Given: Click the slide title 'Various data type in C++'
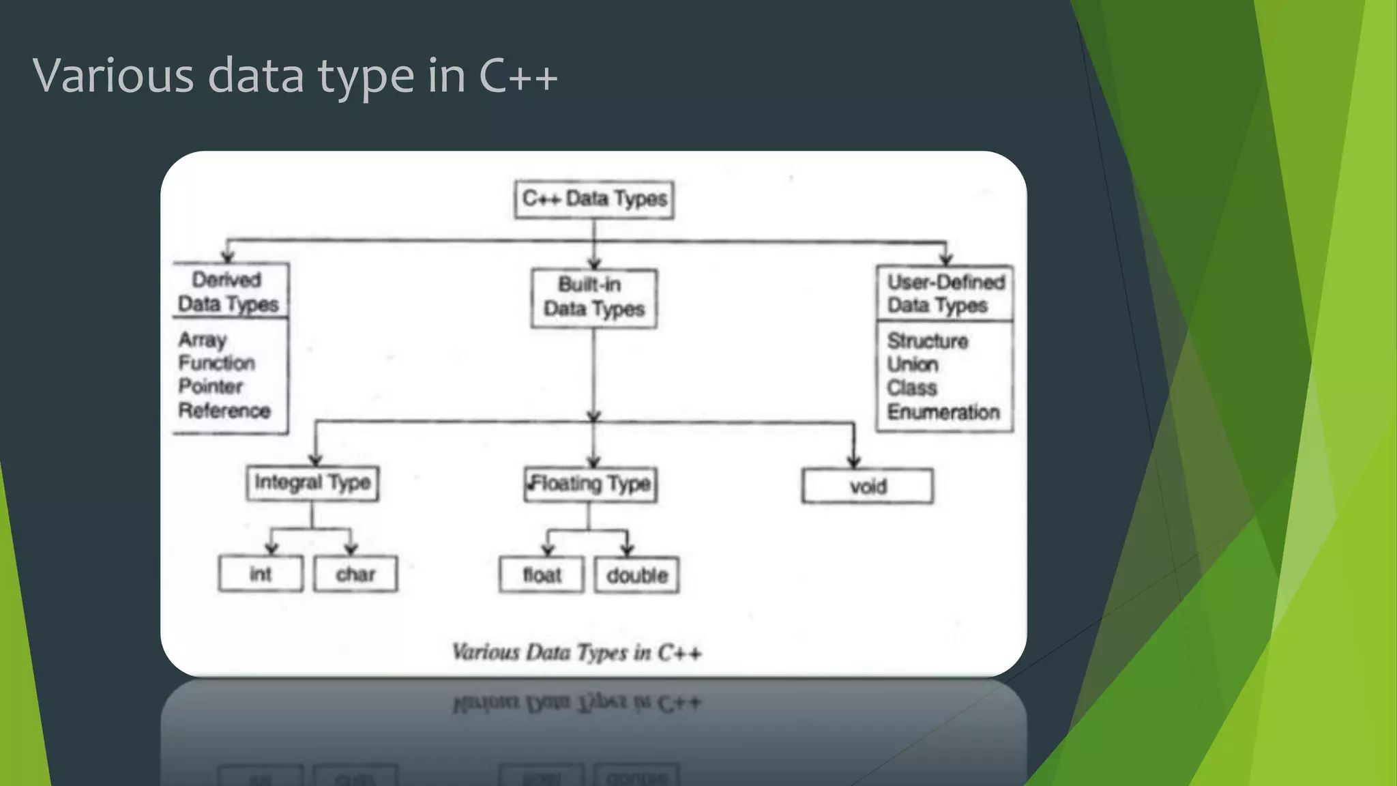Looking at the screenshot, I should [295, 75].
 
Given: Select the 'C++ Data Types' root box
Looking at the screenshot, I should [594, 199].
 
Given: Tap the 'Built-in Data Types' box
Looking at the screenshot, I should [594, 297].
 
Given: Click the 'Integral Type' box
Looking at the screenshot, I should [312, 483].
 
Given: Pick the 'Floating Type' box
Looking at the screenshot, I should [591, 484].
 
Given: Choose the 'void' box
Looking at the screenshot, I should [868, 486].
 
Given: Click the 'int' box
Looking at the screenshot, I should [261, 574].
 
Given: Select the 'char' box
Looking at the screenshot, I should [355, 574].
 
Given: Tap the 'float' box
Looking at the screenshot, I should [542, 575].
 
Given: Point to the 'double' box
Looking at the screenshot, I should [637, 575].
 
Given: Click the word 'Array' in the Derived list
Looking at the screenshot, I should [203, 340].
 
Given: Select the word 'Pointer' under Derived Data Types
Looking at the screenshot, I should [211, 386].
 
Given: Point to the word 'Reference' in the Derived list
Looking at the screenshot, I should [224, 411].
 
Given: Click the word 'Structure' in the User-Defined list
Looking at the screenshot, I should [928, 341].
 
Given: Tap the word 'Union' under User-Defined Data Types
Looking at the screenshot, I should [913, 364].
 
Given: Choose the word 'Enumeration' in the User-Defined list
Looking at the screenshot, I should [943, 412].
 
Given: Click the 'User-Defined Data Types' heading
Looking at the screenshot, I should [945, 293].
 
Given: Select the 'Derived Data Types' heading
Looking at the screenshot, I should [229, 291].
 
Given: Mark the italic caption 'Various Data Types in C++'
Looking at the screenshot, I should [576, 652].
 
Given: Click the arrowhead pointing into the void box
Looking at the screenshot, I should [854, 462].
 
